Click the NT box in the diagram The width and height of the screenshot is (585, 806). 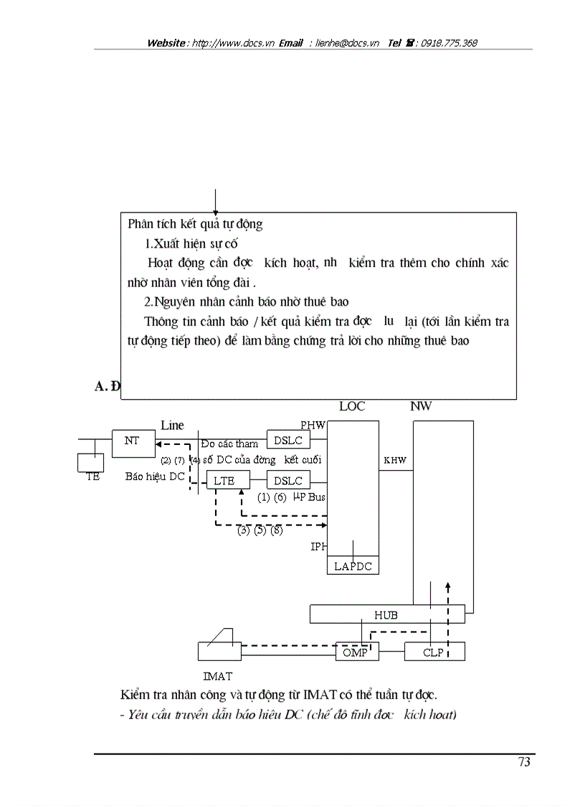click(133, 442)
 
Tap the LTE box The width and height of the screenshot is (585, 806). click(224, 481)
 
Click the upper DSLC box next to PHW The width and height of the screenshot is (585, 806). click(288, 441)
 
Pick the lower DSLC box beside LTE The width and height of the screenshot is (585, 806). click(288, 481)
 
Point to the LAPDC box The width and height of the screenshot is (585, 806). click(353, 566)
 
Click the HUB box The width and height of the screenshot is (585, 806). click(386, 615)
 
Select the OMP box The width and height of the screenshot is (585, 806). click(356, 652)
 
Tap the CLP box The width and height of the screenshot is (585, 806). click(434, 652)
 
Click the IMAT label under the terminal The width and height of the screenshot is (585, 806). click(217, 675)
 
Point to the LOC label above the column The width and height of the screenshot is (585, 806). click(352, 406)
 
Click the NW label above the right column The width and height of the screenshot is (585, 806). click(421, 406)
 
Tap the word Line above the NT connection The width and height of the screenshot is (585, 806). click(172, 426)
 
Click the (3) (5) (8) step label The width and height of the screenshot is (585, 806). click(260, 532)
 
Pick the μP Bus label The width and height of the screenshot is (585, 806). click(309, 497)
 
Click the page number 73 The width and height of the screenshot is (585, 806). click(524, 762)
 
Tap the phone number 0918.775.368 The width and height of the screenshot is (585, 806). click(449, 43)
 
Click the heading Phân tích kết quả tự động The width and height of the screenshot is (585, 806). click(195, 224)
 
